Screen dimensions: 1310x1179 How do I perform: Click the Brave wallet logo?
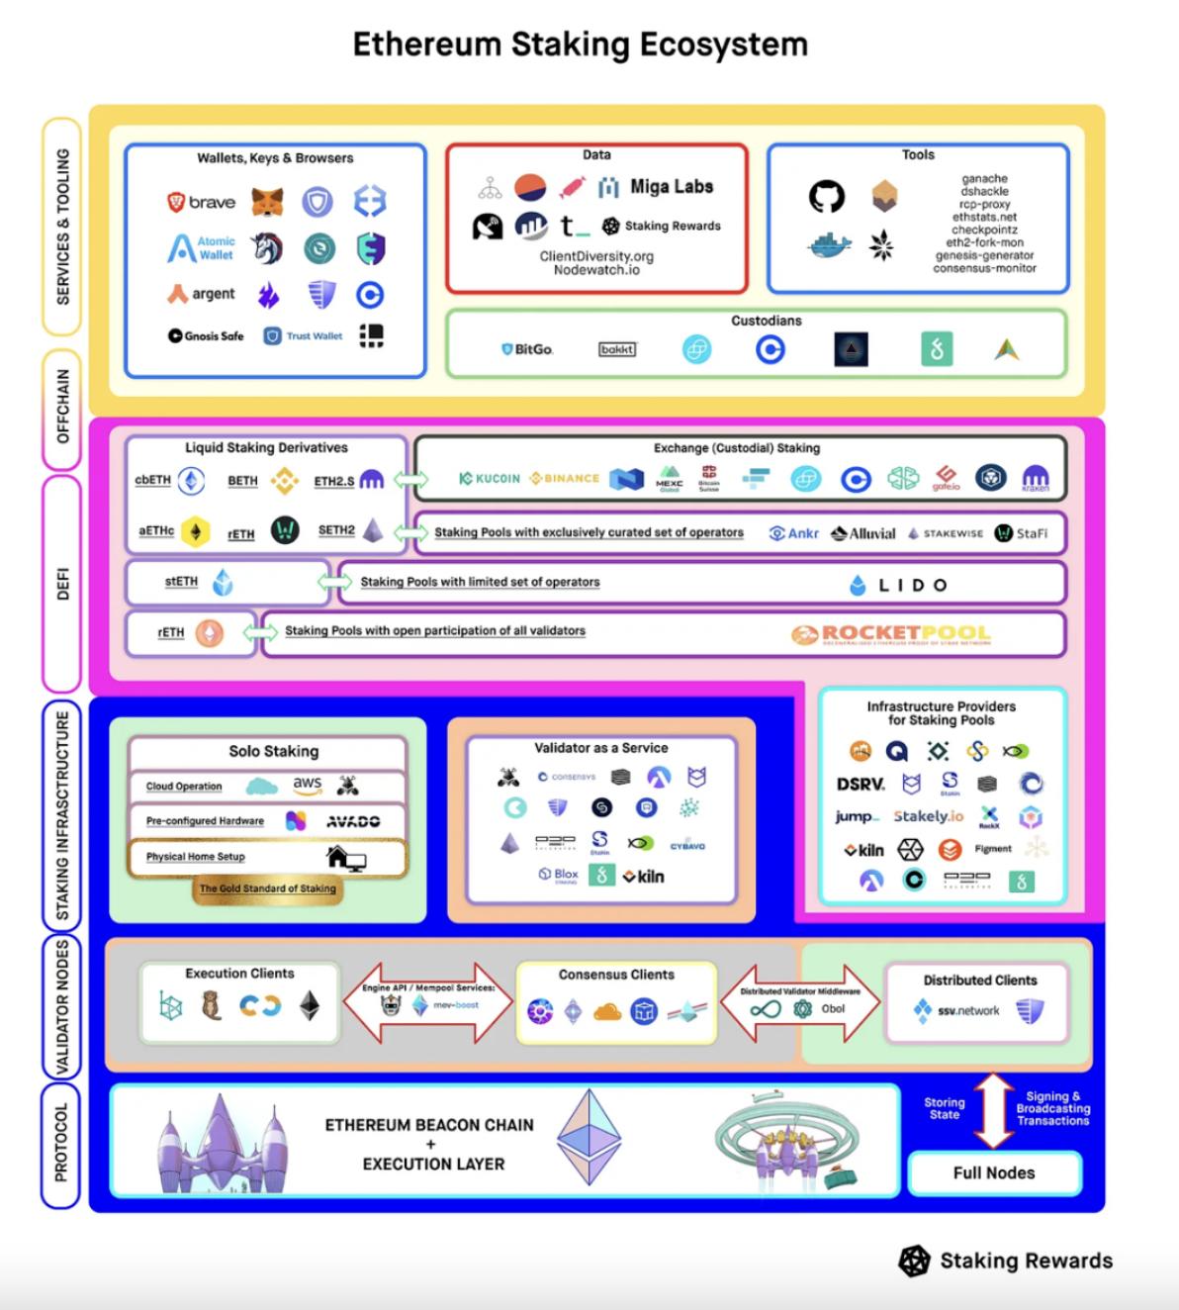tap(202, 202)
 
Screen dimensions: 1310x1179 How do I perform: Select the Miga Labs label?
tap(672, 186)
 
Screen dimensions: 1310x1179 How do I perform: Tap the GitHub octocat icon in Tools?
tap(827, 196)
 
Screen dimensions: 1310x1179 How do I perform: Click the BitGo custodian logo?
tap(527, 349)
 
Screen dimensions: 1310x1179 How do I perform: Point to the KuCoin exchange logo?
tap(490, 478)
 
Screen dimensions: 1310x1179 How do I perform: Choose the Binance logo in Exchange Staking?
tap(565, 478)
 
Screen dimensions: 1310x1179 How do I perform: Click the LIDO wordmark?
tap(899, 585)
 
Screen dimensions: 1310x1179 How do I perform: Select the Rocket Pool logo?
tap(891, 634)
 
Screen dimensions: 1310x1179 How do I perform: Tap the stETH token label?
tap(181, 582)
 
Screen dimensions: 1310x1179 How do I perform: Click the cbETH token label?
tap(153, 480)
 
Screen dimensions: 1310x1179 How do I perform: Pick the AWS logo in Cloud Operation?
tap(307, 783)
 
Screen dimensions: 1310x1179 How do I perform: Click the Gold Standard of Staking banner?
tap(267, 889)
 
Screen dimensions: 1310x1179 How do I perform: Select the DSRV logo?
tap(860, 784)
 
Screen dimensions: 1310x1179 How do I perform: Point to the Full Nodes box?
tap(994, 1172)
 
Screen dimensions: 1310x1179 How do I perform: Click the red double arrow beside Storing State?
tap(994, 1109)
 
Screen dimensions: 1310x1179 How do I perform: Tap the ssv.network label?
tap(968, 1010)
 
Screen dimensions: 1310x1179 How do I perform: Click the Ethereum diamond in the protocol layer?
tap(589, 1138)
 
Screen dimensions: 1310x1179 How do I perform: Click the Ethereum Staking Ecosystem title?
tap(581, 45)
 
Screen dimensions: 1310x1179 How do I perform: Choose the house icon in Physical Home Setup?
tap(345, 857)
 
